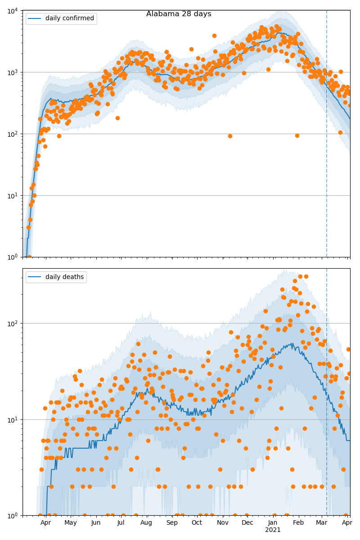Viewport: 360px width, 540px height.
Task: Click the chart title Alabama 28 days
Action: (179, 14)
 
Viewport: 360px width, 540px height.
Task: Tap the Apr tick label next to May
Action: (45, 523)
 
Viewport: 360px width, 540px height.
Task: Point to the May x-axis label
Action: (71, 523)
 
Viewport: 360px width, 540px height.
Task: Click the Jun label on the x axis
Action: (96, 523)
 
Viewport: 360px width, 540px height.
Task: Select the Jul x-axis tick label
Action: (121, 523)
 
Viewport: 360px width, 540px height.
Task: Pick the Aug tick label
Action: (147, 523)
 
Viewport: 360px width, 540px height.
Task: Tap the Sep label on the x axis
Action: (172, 523)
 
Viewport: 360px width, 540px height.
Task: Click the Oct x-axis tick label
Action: (197, 523)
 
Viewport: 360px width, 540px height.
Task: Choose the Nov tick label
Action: (222, 523)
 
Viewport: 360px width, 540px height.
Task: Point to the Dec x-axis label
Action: (247, 523)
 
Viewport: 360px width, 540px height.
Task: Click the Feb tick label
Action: (298, 523)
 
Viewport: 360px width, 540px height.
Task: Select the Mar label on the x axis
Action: (321, 523)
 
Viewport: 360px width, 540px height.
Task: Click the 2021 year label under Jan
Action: (273, 530)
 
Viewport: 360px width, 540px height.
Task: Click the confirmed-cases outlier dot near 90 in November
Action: (230, 136)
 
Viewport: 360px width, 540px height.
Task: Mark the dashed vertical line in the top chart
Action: (327, 135)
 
